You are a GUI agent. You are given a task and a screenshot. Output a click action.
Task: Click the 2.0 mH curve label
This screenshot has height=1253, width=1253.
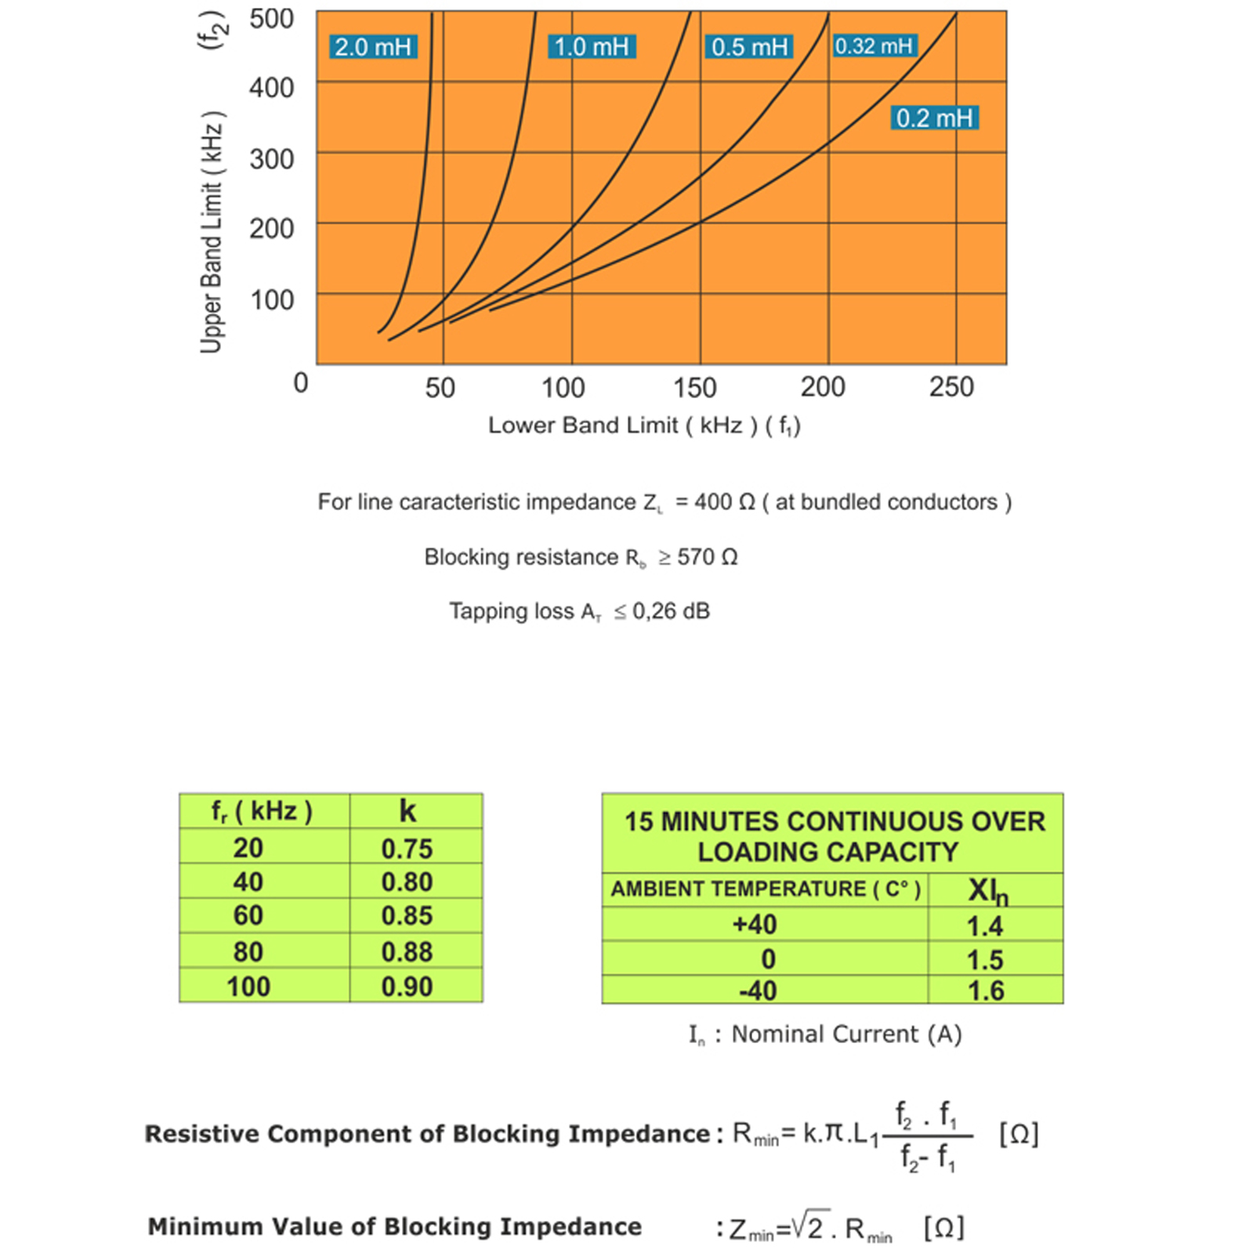373,47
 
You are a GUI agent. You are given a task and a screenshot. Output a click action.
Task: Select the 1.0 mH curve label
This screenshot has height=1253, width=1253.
591,47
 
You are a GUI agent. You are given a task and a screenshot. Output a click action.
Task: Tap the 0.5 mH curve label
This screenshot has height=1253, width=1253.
749,47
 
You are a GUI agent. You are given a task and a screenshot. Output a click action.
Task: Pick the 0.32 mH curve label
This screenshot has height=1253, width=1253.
874,46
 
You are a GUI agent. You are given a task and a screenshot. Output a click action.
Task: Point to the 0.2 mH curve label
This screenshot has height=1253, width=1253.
934,118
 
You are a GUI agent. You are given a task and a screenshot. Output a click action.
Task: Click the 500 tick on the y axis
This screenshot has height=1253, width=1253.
271,19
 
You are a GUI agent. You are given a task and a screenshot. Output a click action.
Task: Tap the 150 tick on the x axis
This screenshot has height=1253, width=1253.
695,387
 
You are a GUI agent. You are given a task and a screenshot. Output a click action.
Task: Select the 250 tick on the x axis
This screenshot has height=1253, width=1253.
951,386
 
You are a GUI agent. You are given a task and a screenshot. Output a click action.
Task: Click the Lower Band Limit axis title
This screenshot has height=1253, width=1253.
644,426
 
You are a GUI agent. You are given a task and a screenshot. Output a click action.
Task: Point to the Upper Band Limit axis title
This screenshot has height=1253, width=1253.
212,233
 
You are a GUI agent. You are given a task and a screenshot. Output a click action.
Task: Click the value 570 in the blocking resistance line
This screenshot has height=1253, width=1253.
695,557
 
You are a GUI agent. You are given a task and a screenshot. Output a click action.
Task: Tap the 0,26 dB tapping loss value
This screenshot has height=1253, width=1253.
671,611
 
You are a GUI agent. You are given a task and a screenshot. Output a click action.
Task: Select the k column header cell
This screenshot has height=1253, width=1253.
407,811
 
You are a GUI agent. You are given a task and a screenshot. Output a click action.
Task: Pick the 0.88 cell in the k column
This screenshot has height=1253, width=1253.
407,951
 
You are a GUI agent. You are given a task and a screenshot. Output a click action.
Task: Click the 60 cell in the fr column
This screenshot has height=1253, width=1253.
248,915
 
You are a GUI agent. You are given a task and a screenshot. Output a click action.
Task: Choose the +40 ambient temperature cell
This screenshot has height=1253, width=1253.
755,925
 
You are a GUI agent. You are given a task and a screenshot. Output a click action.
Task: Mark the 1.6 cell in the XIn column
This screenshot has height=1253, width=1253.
985,990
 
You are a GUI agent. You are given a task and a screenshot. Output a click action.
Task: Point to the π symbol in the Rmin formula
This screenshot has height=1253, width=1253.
836,1132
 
